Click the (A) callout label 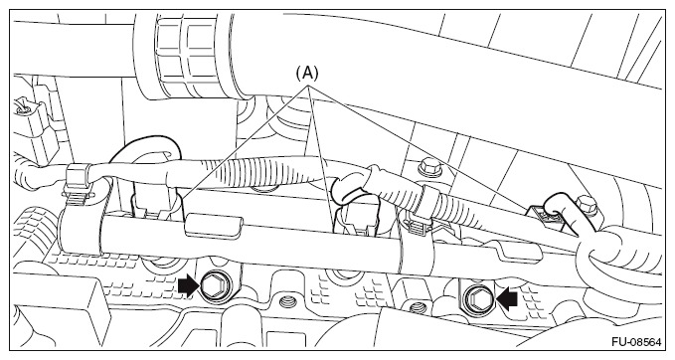click(307, 74)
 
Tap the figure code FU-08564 click(636, 342)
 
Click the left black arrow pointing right click(189, 286)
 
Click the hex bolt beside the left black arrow click(213, 286)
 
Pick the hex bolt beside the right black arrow click(478, 298)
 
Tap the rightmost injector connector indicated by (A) click(546, 216)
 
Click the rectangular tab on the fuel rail click(214, 225)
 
